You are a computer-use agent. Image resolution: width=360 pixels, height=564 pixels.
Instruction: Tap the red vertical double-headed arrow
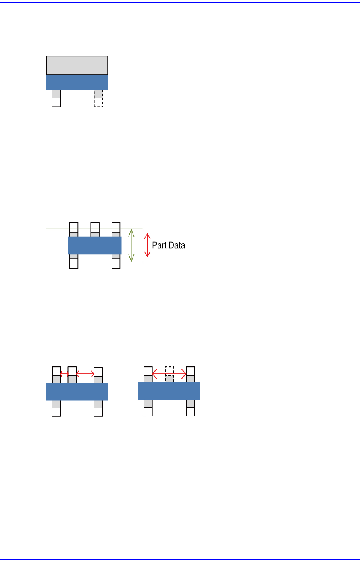(x=148, y=245)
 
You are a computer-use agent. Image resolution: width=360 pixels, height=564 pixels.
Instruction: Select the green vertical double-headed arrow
(x=131, y=245)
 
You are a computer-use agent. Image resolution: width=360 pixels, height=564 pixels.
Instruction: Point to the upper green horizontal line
(x=94, y=229)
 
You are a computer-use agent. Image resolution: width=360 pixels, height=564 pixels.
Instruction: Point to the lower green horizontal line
(x=94, y=262)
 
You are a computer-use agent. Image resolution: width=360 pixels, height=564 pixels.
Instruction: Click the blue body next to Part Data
(x=95, y=245)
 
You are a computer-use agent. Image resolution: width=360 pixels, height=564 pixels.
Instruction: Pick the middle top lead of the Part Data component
(x=95, y=229)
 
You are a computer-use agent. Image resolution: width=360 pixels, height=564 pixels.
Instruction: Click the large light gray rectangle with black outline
(x=77, y=65)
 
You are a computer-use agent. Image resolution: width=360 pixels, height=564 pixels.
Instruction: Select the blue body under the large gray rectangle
(x=77, y=82)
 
